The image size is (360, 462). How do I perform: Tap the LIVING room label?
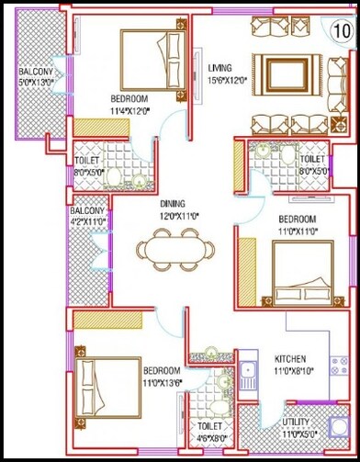219,68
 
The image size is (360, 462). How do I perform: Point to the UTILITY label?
297,423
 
